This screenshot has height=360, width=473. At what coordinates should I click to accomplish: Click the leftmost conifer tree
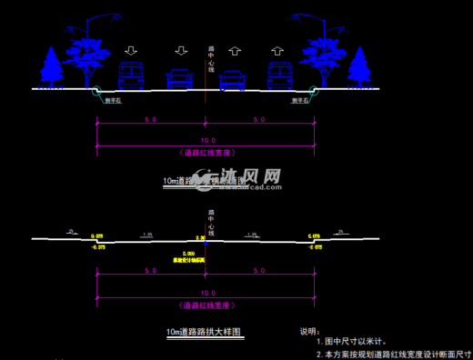pos(50,66)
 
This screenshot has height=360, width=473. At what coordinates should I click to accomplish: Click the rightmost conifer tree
pos(360,66)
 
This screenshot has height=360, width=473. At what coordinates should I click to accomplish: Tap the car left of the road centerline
pos(179,80)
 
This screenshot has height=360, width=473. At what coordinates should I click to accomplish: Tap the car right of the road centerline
pos(233,80)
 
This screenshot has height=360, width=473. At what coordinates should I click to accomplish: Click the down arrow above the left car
pos(181,50)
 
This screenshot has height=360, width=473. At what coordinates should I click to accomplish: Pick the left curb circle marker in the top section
pos(97,90)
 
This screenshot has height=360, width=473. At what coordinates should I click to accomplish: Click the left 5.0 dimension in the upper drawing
pos(151,120)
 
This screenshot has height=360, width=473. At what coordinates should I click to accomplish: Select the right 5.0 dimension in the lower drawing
pos(259,271)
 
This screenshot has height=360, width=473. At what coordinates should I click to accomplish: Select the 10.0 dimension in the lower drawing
pos(208,293)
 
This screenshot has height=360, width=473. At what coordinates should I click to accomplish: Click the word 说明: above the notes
pos(310,333)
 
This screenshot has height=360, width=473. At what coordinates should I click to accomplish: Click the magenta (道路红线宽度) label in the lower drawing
pos(207,305)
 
